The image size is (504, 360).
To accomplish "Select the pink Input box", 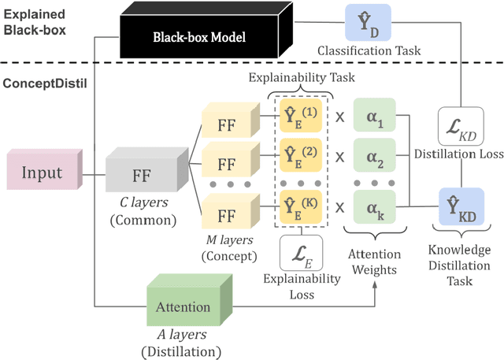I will coord(40,173).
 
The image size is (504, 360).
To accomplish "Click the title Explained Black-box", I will coord(35,22).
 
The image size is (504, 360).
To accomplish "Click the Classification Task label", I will coord(369,51).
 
